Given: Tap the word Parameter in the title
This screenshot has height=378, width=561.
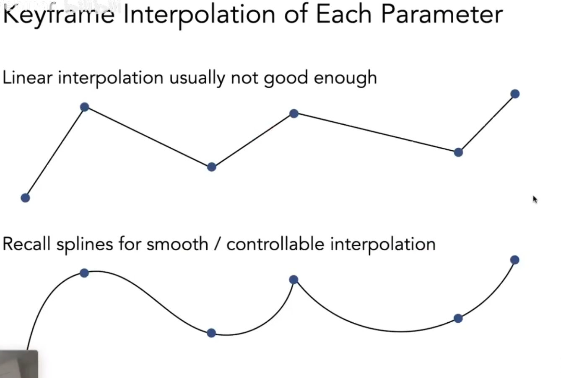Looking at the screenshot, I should (x=441, y=15).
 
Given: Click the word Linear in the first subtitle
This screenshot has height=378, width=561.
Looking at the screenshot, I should (x=28, y=78).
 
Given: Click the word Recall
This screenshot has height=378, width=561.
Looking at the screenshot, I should (x=26, y=244).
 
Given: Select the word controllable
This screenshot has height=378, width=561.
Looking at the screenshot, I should (x=275, y=244).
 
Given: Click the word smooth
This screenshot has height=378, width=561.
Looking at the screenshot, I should (x=177, y=244).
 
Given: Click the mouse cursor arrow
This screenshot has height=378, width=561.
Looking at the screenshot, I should (x=535, y=199).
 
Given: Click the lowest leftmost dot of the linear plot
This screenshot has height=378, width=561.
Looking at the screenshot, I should (x=25, y=198).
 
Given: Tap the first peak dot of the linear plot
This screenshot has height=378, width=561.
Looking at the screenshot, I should (x=84, y=107).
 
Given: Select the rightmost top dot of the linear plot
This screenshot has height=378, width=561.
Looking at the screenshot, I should (x=515, y=94).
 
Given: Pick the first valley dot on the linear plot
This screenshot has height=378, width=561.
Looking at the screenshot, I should (x=212, y=167).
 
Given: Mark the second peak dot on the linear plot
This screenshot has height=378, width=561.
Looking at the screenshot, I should (x=293, y=113).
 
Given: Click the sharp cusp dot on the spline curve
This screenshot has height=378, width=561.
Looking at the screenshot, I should (x=293, y=279).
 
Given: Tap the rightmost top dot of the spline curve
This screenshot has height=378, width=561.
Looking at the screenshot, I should (x=514, y=260).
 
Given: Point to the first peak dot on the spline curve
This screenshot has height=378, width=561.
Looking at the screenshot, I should (x=84, y=273).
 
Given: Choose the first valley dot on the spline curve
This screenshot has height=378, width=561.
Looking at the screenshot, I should (x=211, y=333).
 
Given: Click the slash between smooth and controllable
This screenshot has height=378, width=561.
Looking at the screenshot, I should (x=217, y=244).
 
